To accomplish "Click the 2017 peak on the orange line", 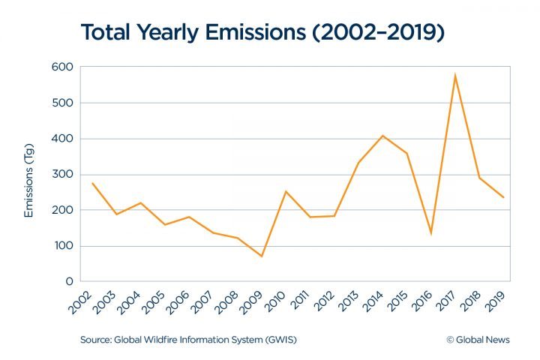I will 454,75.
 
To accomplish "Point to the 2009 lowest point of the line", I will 262,256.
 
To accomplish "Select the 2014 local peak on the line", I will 382,136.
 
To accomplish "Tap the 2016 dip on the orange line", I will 430,233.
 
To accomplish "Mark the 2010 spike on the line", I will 286,191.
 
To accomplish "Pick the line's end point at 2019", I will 503,197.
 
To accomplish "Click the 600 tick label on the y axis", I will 63,67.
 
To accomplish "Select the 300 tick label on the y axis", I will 63,174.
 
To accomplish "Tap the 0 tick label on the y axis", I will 69,281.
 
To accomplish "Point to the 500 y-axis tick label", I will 63,103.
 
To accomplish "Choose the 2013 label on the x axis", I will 348,301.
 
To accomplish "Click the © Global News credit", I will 478,340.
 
